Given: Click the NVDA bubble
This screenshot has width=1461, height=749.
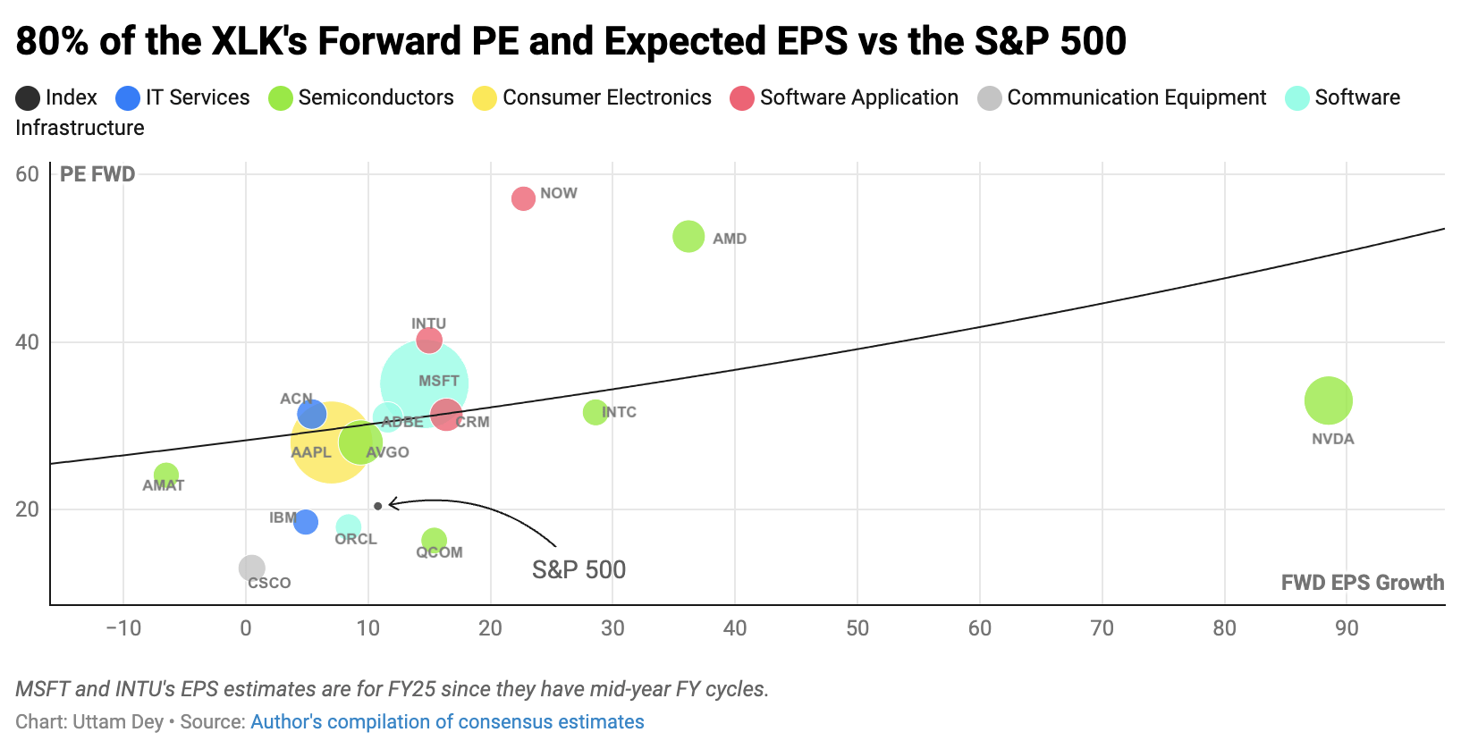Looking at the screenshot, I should coord(1328,400).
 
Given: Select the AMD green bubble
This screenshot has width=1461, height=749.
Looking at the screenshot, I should coord(688,237).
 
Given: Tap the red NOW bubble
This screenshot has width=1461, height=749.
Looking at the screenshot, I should coord(523,198).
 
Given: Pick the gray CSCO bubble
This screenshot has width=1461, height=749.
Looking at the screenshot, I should coord(252,568).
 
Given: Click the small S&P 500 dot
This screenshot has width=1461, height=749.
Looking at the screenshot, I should coord(378,506).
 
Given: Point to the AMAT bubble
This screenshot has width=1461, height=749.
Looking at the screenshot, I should coord(166,475).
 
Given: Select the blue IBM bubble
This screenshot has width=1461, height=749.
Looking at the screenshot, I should coord(306,522).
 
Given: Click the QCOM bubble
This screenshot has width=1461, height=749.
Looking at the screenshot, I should coord(434,540).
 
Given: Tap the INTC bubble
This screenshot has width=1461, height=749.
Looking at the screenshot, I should coord(595,412).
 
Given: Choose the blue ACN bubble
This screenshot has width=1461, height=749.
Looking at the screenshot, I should coord(311,414).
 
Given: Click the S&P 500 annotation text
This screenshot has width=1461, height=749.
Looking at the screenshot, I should coord(578,569).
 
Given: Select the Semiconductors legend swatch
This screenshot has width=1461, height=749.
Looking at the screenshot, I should coord(281,98).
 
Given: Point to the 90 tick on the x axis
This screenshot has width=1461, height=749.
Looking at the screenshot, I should coord(1346,628).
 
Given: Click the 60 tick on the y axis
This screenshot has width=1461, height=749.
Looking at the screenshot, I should coord(28,174).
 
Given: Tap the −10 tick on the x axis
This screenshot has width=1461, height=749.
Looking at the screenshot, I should coord(123,628).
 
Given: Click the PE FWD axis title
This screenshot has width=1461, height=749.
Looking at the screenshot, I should coord(97,174).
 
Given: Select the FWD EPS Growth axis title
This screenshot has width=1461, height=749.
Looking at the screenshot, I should coord(1362,583).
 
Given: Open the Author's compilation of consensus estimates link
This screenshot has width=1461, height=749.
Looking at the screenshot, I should coord(447,721).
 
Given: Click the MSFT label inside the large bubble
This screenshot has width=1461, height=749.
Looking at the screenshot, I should coord(438,381).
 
